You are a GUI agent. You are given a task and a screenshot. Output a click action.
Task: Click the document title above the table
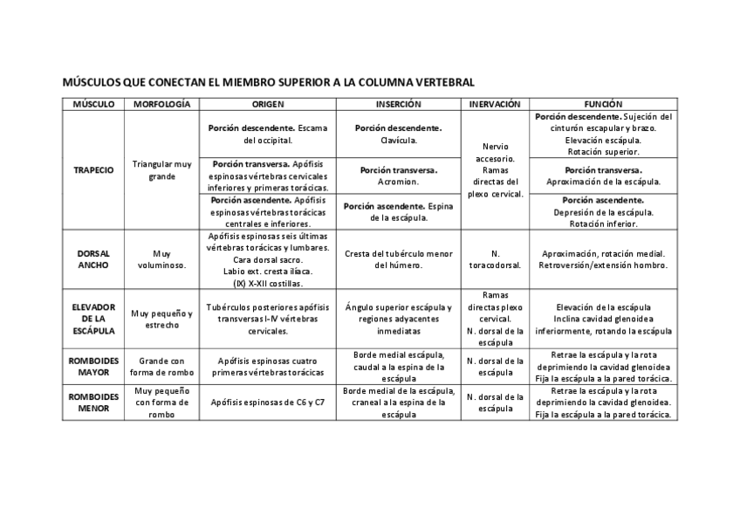click(269, 82)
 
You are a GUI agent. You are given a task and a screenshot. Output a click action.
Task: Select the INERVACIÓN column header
click(495, 104)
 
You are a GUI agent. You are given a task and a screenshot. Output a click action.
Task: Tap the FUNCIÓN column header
click(604, 104)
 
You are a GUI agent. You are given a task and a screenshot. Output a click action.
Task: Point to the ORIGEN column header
click(268, 104)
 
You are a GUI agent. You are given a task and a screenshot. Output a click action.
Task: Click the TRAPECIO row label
click(93, 170)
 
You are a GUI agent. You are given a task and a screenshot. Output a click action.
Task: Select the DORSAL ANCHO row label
click(93, 259)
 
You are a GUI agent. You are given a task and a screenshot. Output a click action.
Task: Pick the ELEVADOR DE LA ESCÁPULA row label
click(93, 319)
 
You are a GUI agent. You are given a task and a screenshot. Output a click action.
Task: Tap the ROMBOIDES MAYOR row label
click(93, 366)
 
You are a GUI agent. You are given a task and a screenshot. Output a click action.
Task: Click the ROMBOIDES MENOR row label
click(93, 402)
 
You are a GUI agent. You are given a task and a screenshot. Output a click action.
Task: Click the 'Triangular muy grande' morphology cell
click(161, 170)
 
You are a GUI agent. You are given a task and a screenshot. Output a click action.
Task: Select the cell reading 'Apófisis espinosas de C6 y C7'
click(268, 403)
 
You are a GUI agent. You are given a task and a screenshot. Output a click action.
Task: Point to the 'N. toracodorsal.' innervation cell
click(495, 259)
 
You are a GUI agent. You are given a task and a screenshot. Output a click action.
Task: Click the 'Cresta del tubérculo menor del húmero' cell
click(399, 259)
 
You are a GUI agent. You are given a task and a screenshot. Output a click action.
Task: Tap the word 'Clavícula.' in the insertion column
click(399, 140)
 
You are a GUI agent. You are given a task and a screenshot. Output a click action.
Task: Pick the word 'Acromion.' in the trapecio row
click(399, 182)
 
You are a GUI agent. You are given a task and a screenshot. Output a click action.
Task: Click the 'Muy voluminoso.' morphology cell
click(161, 259)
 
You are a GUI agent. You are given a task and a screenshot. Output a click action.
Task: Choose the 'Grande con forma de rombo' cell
click(161, 366)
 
